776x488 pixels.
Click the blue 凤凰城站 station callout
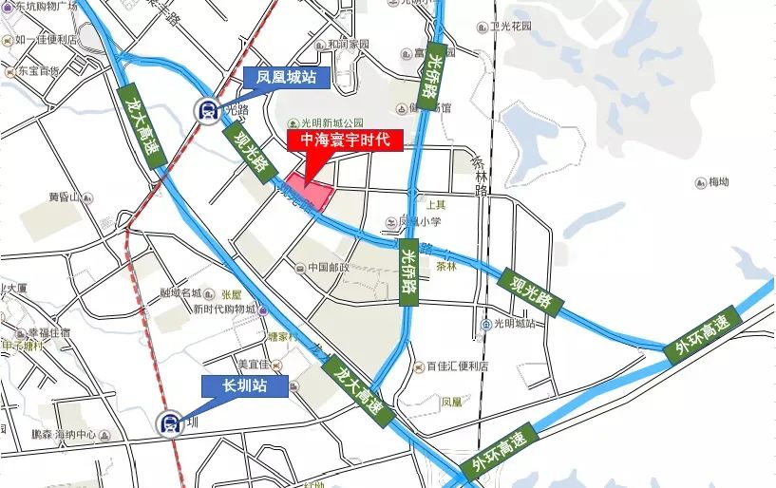pyautogui.click(x=280, y=78)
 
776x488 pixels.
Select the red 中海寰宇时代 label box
pyautogui.click(x=344, y=141)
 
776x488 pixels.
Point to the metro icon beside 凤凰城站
pyautogui.click(x=205, y=110)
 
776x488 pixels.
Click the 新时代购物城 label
pyautogui.click(x=224, y=310)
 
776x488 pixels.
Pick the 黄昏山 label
pyautogui.click(x=68, y=197)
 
